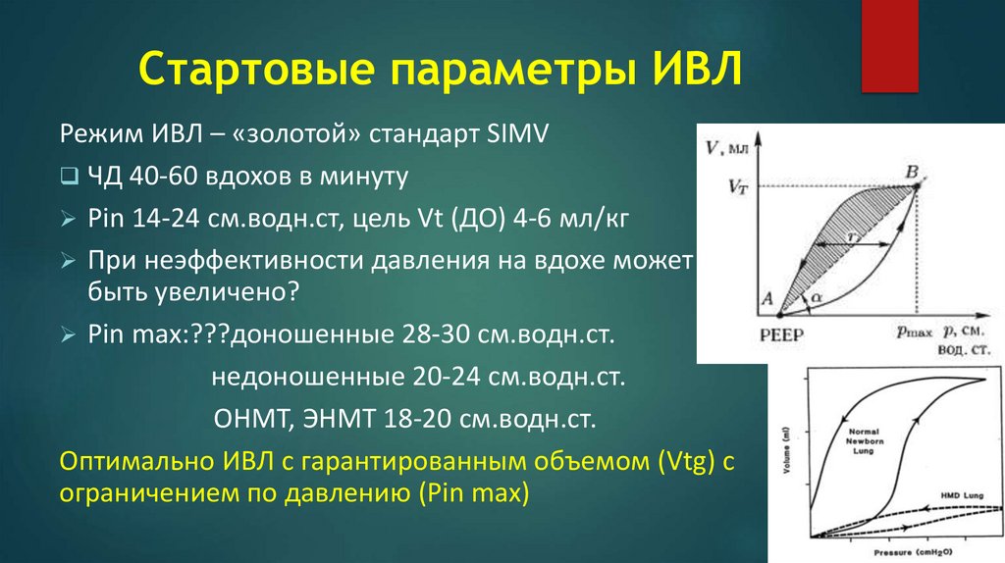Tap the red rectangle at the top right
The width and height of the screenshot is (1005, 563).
tap(889, 46)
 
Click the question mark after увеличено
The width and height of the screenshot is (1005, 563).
tap(291, 292)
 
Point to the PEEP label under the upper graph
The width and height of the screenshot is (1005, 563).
tap(779, 334)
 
